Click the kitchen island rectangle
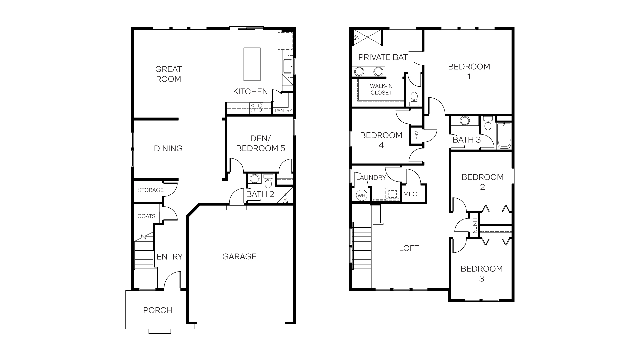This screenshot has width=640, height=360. (252, 64)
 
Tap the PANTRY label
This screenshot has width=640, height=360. (283, 111)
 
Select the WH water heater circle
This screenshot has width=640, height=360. (362, 196)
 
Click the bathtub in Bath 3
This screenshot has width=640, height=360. (504, 136)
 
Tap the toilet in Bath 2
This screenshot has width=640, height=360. (268, 182)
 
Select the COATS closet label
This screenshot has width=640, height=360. (146, 216)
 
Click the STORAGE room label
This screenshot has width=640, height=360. (151, 190)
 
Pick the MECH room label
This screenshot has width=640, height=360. (412, 194)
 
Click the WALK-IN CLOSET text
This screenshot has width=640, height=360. (381, 89)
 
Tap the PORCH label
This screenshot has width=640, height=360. (158, 310)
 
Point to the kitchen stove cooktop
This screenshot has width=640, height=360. (256, 108)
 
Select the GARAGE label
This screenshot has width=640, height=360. (239, 256)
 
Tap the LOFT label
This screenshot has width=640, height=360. (409, 248)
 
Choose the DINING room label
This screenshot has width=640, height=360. (168, 148)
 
